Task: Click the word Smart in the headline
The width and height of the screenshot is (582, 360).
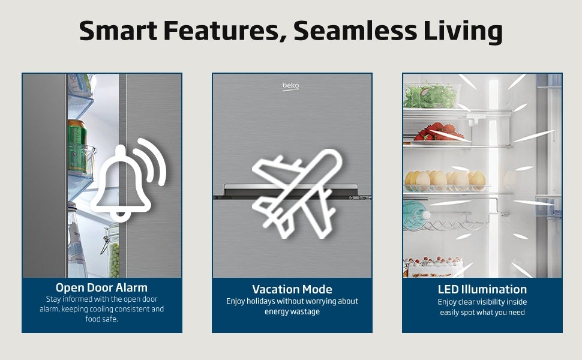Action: [x=118, y=31]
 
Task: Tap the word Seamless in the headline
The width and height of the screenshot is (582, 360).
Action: [x=355, y=31]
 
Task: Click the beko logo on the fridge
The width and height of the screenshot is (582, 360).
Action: [x=290, y=86]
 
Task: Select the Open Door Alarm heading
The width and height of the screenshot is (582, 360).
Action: [x=102, y=287]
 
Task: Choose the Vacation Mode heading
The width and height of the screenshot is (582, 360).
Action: [x=292, y=289]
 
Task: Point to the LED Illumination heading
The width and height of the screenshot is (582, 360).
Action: [x=482, y=289]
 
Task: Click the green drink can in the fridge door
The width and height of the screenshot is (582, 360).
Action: [x=77, y=146]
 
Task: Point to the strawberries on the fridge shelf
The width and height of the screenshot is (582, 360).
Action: [x=439, y=132]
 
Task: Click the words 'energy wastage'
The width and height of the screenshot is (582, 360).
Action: [x=292, y=311]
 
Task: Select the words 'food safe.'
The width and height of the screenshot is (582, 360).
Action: [x=102, y=319]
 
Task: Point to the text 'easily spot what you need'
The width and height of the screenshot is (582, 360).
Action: [x=482, y=313]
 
